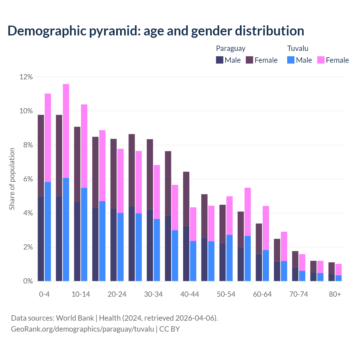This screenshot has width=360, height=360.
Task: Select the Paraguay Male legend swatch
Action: coord(220,60)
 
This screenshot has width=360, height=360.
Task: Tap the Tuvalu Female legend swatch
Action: coord(321,60)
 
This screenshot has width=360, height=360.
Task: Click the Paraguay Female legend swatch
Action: coord(249,60)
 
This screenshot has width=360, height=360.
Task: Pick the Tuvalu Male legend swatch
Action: coord(291,60)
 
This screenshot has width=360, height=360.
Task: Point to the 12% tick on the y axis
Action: coord(26,77)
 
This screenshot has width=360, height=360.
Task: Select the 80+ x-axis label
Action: coord(335,294)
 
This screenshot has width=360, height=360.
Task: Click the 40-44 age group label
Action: coord(190,294)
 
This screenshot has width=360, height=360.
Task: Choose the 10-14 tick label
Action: coord(81,294)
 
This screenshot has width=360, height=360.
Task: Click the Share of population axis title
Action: coord(12,179)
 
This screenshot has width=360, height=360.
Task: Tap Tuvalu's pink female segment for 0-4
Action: coord(48,138)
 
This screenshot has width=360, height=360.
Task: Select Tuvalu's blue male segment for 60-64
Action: coord(266,265)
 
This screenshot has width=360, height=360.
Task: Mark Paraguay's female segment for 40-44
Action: coord(186,199)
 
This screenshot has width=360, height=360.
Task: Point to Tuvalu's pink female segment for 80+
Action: coord(339,269)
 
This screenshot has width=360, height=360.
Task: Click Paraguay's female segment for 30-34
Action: coord(150,174)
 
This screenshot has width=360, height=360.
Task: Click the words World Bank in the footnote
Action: coord(75,318)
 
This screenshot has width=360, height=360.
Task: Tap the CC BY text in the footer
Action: coord(170,329)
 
